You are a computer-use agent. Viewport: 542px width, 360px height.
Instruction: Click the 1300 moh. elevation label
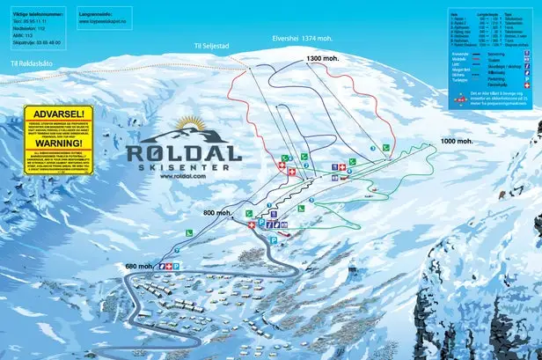[323, 58]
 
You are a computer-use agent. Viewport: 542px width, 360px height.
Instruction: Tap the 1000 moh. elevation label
[457, 141]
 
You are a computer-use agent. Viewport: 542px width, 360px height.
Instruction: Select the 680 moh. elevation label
[140, 267]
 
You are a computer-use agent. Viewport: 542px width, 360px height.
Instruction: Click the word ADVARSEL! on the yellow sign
[57, 114]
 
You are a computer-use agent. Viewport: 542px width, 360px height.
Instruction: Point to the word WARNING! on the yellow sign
[57, 143]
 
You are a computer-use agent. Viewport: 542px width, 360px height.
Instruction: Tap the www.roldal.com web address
[183, 176]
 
